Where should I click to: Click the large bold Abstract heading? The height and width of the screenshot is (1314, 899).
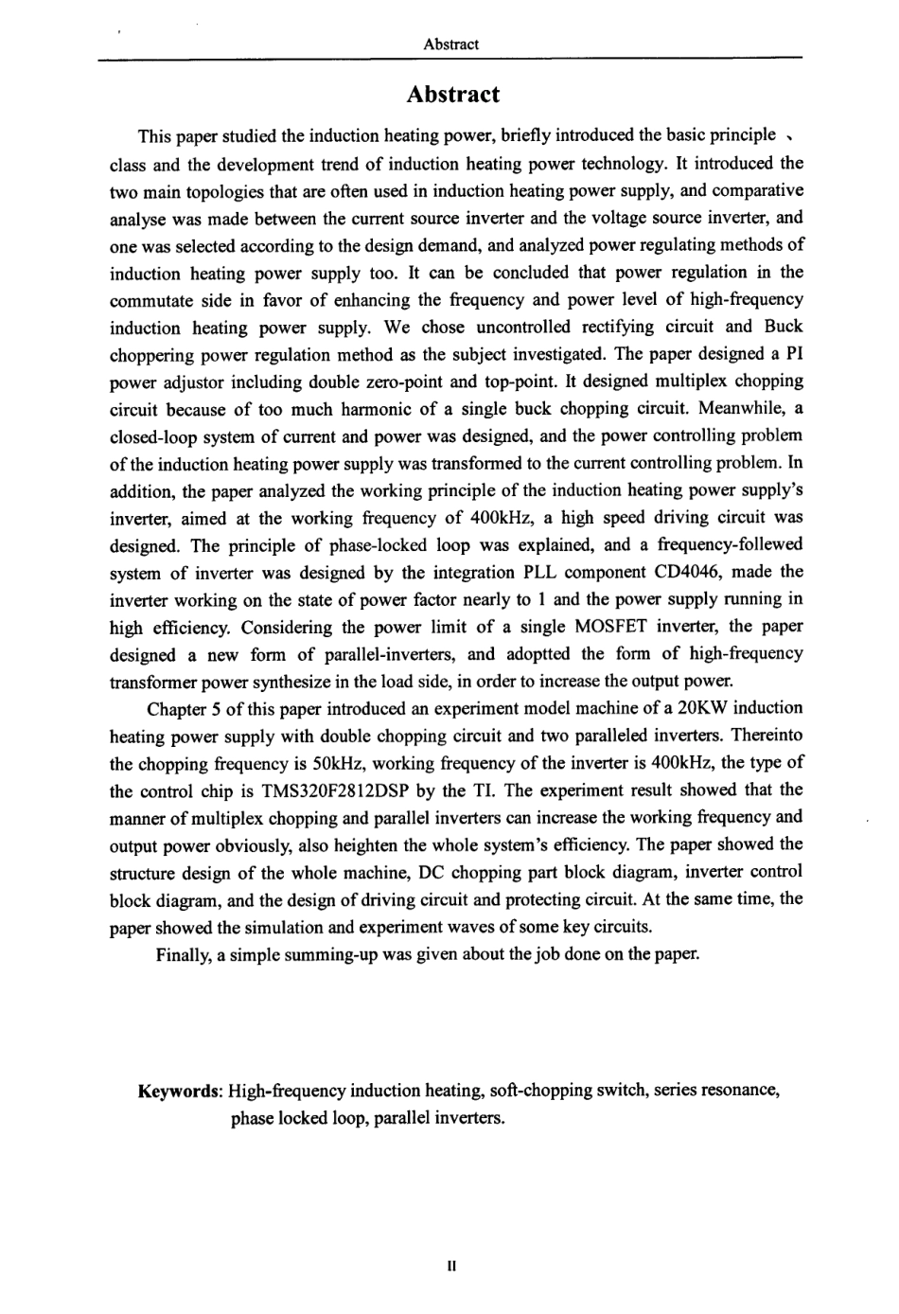coord(451,95)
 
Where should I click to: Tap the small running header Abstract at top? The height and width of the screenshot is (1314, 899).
coord(451,44)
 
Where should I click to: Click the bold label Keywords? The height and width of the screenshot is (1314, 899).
coord(180,1091)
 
